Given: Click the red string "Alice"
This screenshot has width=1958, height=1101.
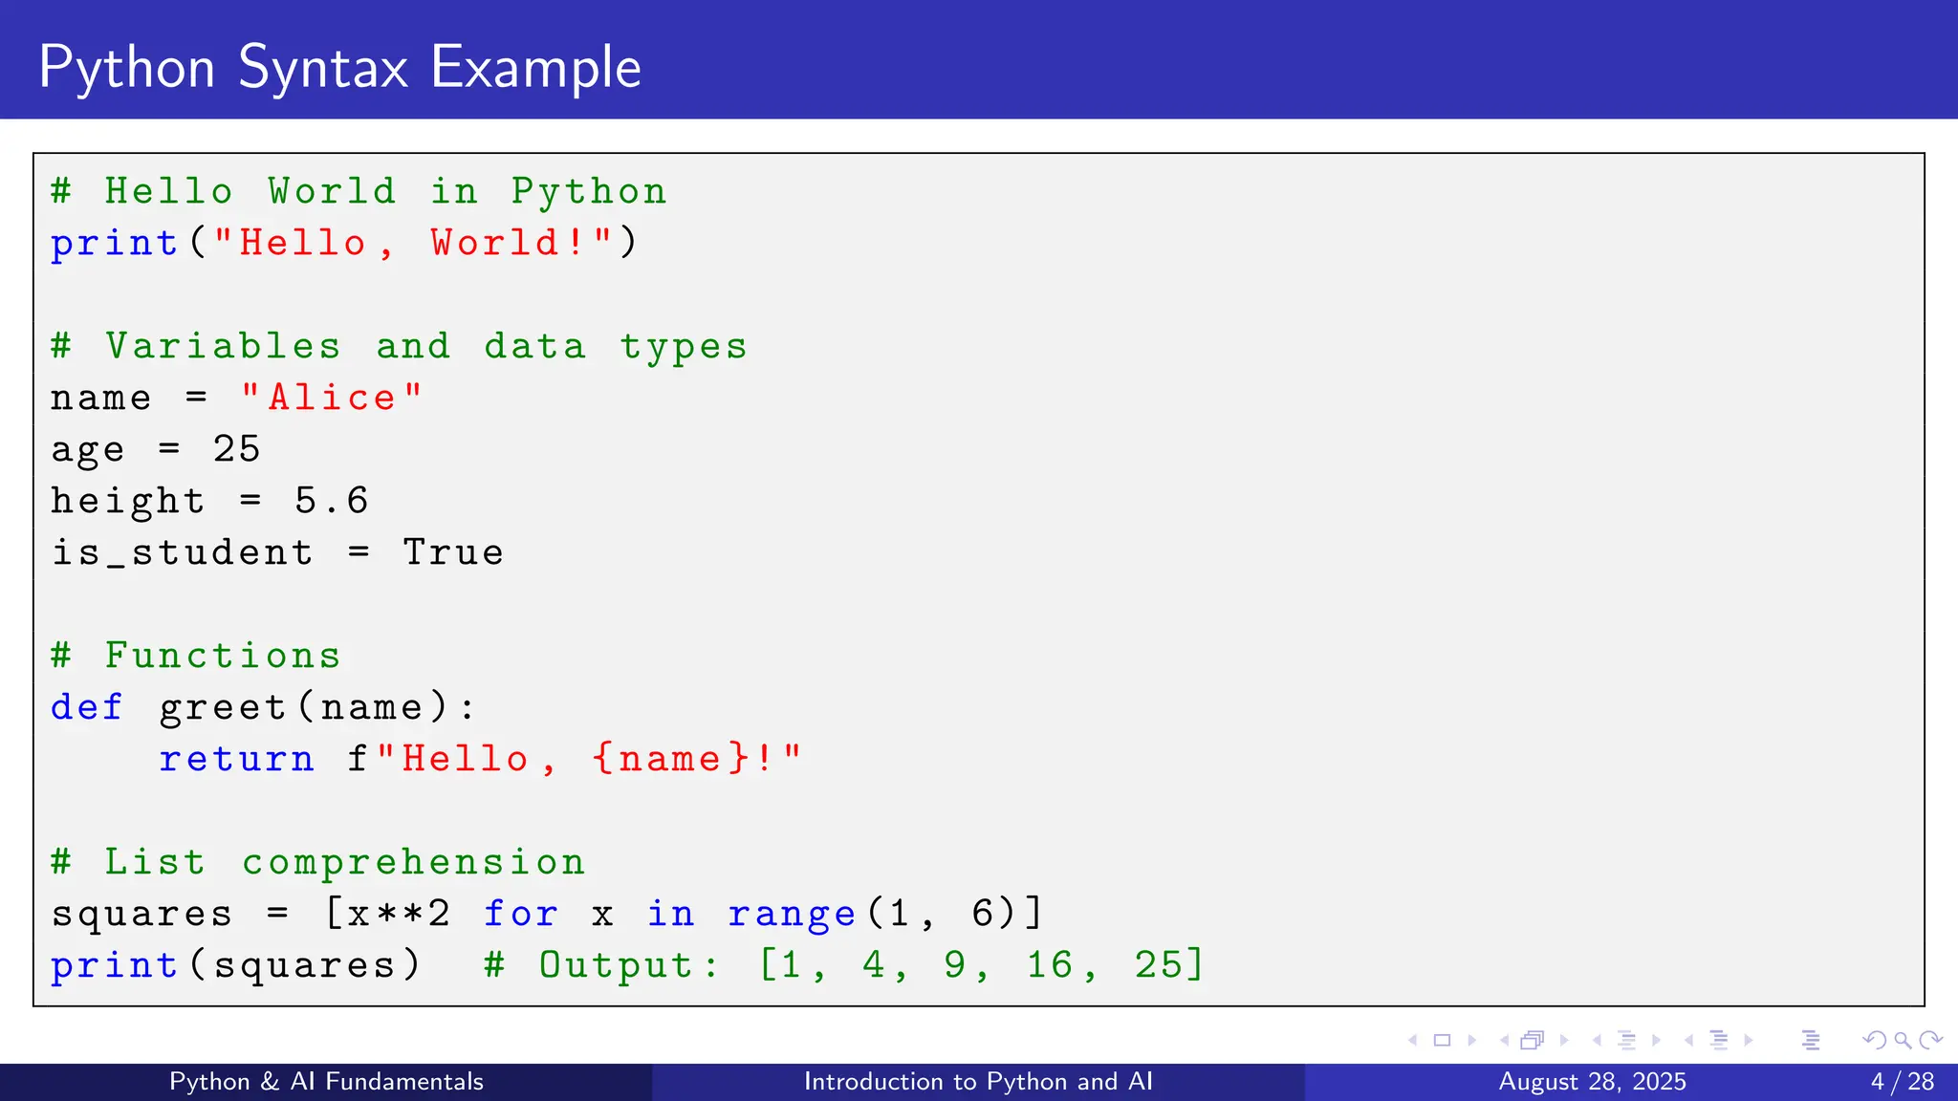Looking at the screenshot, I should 332,398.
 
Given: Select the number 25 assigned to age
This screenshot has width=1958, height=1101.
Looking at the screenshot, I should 236,449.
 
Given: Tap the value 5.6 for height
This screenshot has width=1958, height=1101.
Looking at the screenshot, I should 331,501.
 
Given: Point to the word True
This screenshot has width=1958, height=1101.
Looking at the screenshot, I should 453,552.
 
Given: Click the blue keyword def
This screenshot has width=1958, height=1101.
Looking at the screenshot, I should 87,707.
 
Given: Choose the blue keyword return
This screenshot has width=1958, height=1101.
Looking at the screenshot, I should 236,759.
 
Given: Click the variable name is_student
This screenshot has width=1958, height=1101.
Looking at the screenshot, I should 182,552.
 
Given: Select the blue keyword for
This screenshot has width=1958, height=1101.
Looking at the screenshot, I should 520,914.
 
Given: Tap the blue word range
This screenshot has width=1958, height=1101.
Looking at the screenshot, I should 792,914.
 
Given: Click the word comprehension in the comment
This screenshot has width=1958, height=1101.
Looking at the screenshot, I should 413,862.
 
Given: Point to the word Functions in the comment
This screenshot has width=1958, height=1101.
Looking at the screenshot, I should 223,656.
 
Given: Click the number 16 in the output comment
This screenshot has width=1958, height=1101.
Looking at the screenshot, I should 1049,965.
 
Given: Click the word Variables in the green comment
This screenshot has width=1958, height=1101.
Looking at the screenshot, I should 223,346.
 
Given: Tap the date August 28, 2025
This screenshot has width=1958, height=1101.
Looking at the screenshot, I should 1592,1082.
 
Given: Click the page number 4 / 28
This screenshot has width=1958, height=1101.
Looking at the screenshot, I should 1903,1082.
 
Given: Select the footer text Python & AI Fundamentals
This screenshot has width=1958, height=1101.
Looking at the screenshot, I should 326,1082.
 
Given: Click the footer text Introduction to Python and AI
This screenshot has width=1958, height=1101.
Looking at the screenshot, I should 978,1082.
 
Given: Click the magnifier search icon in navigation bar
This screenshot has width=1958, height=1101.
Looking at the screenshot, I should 1903,1040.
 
